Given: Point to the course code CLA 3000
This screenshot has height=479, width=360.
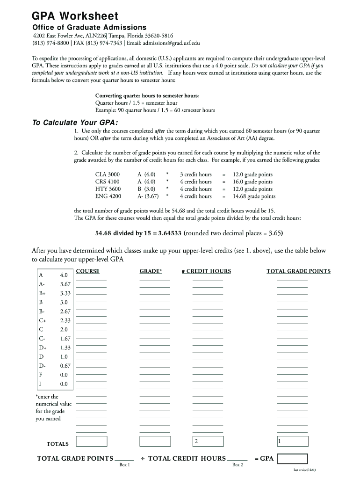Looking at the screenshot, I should pyautogui.click(x=107, y=174).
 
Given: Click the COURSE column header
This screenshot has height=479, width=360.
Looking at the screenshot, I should pyautogui.click(x=87, y=271).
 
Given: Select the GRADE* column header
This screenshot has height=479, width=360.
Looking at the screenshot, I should pyautogui.click(x=151, y=271).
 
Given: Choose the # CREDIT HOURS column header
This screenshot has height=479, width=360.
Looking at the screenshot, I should pyautogui.click(x=206, y=271).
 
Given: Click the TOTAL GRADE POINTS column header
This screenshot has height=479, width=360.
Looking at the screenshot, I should pyautogui.click(x=298, y=271).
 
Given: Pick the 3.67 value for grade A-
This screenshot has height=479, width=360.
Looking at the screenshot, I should pyautogui.click(x=65, y=284).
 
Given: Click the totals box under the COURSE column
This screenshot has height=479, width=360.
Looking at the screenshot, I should pyautogui.click(x=92, y=441).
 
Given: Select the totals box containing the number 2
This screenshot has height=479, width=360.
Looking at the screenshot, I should pyautogui.click(x=208, y=441).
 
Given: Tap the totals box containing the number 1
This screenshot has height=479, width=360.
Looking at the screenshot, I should pyautogui.click(x=292, y=441).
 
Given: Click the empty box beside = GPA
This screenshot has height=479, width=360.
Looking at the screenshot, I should pyautogui.click(x=292, y=459).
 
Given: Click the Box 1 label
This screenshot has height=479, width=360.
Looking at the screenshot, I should pyautogui.click(x=125, y=465).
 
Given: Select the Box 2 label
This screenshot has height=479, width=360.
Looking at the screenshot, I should pyautogui.click(x=238, y=465).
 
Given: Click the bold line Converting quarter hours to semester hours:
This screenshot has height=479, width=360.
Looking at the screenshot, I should pyautogui.click(x=147, y=96).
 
